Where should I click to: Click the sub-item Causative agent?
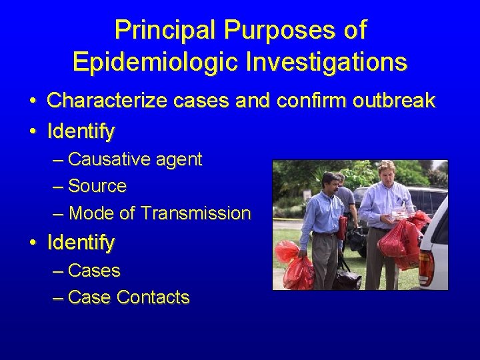coord(135,159)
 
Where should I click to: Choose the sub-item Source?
coord(97,186)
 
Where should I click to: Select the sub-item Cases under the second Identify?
coord(94,271)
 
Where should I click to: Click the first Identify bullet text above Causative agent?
coord(81,131)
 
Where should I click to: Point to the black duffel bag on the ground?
coord(347,275)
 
